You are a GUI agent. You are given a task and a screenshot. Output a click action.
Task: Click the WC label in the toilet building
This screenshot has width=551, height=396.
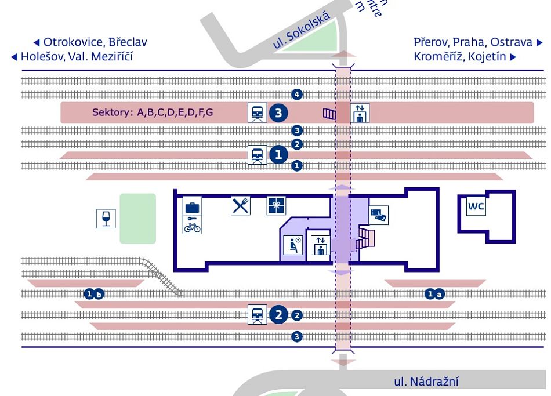coord(476,206)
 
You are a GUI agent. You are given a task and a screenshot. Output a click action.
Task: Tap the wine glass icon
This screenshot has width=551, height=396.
coord(106,218)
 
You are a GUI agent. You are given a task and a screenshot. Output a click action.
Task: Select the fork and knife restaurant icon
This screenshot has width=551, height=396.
coord(241,205)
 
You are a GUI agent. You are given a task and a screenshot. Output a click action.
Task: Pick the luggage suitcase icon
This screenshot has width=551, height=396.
coord(193,207)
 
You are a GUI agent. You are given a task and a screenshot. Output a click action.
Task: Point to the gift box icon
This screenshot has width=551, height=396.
coord(276,206)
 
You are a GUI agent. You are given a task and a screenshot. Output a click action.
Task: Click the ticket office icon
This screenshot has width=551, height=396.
coord(378,215)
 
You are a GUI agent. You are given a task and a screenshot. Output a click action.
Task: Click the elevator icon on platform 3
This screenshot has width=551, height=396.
coord(361,112)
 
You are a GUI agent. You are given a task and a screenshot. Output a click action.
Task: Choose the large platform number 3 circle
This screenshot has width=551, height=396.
coord(280,113)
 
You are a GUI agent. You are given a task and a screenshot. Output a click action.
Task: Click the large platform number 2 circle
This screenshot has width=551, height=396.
coord(280,315)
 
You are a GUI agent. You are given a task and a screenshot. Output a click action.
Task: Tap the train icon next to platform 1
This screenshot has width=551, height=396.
coord(258,155)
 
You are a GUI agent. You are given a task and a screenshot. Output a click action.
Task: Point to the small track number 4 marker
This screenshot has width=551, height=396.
coord(298,94)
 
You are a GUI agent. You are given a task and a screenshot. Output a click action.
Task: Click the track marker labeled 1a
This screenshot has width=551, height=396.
coord(435,294)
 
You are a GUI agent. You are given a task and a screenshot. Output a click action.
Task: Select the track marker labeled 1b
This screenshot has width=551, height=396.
coord(95,294)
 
